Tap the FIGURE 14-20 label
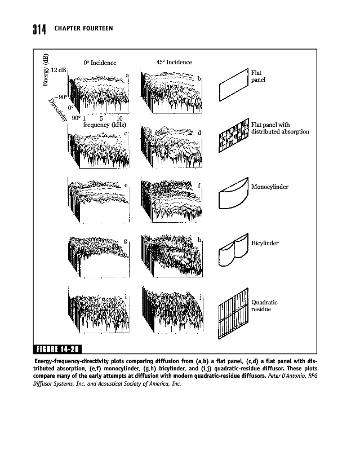click(58, 347)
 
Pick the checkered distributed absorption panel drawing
click(233, 135)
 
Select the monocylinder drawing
click(232, 193)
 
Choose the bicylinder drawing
click(232, 250)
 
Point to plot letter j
click(201, 297)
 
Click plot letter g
click(125, 241)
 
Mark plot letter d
click(199, 132)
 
